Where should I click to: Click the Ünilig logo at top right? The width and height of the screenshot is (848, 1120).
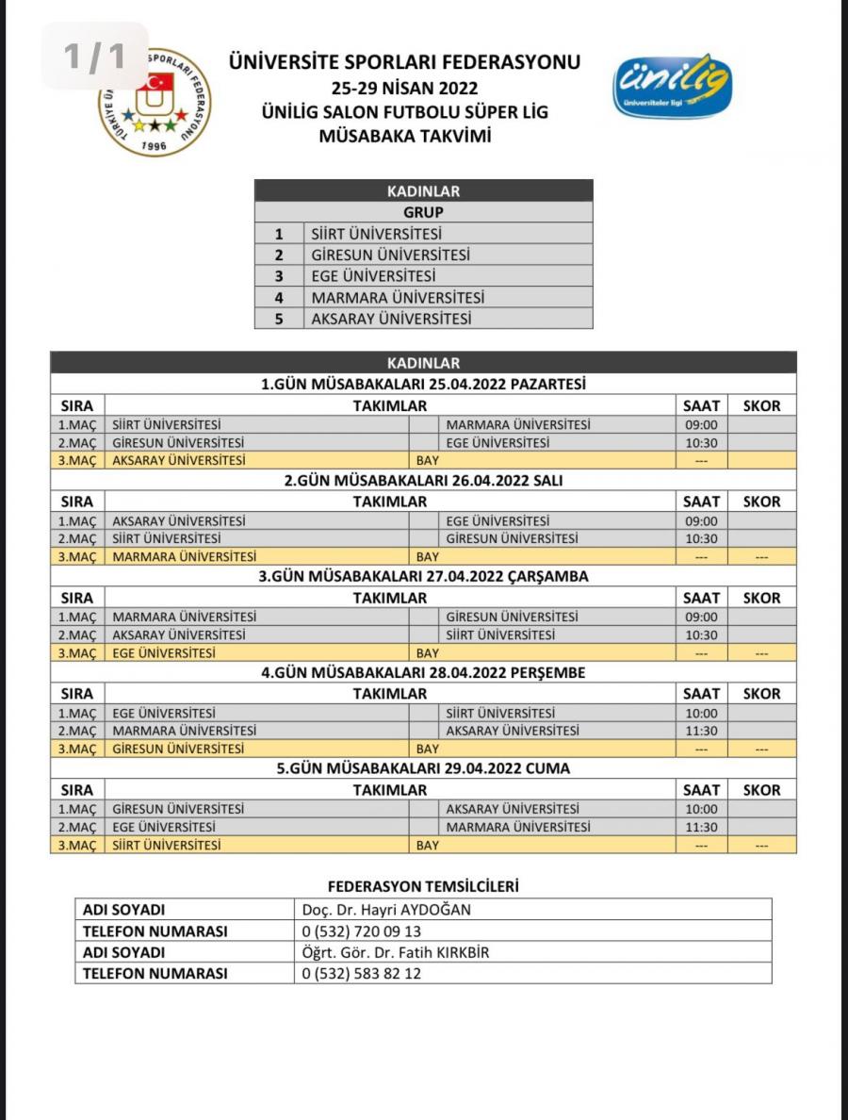point(672,86)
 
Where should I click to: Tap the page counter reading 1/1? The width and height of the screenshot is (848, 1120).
point(94,57)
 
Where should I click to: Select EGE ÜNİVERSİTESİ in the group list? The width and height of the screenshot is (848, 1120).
point(373,276)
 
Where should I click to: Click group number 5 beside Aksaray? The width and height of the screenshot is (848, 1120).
point(279,319)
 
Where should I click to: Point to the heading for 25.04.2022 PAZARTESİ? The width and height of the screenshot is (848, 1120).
point(423,385)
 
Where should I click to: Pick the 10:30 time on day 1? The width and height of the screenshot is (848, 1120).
point(701,443)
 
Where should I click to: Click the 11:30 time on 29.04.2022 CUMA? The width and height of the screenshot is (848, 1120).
point(701,827)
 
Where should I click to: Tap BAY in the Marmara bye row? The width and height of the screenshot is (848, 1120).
point(427,557)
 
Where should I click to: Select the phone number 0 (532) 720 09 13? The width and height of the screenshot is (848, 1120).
point(361,931)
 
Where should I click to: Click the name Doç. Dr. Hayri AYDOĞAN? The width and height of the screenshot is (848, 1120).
point(385,910)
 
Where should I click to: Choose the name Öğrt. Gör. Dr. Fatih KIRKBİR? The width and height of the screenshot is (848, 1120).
point(395,952)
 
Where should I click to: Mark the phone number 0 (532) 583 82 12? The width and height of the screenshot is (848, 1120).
point(361,974)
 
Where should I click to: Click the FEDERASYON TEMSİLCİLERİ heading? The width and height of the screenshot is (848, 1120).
point(423,886)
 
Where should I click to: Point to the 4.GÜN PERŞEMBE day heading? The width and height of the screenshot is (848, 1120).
point(423,672)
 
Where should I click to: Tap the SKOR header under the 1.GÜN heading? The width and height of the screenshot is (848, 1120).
point(761,405)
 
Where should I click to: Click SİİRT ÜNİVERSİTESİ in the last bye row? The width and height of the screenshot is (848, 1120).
point(167,846)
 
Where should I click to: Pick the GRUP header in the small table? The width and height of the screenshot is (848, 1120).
point(423,212)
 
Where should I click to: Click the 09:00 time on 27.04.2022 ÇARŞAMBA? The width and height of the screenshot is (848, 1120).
point(701,617)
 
